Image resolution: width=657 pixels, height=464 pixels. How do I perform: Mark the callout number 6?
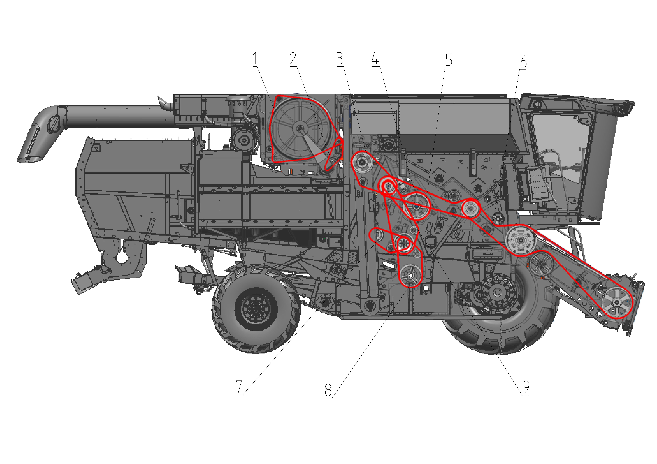click(523, 62)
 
